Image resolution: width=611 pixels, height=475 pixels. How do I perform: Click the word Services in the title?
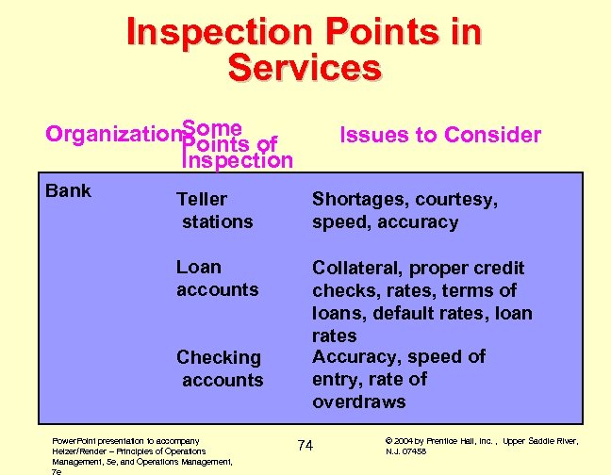[305, 68]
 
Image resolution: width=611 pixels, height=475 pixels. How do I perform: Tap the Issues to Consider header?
[440, 135]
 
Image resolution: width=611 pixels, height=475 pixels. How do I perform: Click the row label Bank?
[69, 190]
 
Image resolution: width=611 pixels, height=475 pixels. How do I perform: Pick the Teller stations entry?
[215, 210]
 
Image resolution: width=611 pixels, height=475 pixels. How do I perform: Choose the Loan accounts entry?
[216, 278]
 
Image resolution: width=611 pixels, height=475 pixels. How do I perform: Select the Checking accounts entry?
[221, 369]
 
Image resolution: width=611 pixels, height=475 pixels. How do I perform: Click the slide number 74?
[305, 444]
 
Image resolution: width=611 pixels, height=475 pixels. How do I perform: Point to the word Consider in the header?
[495, 135]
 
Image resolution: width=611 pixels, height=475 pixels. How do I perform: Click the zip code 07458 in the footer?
[413, 451]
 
